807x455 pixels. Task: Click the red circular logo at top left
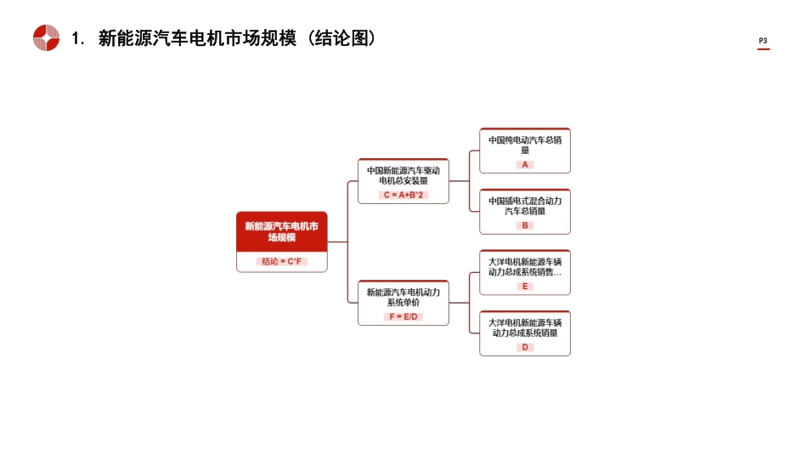click(46, 38)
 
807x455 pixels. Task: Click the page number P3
click(763, 41)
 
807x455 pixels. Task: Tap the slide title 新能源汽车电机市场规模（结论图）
click(237, 38)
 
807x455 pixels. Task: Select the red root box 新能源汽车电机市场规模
click(281, 231)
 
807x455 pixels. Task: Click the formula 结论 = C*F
click(281, 262)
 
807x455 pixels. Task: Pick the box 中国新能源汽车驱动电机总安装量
click(403, 175)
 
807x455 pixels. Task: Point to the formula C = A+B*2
click(403, 195)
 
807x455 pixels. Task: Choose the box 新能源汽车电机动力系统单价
click(403, 297)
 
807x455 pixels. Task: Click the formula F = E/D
click(403, 316)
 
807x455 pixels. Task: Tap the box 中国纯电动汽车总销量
click(524, 145)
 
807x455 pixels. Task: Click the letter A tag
click(525, 164)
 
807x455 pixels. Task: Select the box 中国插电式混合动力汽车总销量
click(524, 206)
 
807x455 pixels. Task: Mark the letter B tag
click(525, 225)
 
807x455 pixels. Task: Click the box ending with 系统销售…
click(524, 267)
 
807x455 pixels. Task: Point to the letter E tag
click(525, 287)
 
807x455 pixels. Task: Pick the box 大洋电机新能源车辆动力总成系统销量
click(524, 327)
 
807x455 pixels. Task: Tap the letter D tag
click(525, 347)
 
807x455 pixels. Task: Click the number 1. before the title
click(78, 39)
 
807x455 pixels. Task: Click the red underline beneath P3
click(763, 49)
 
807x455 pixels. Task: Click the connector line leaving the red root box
click(337, 242)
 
